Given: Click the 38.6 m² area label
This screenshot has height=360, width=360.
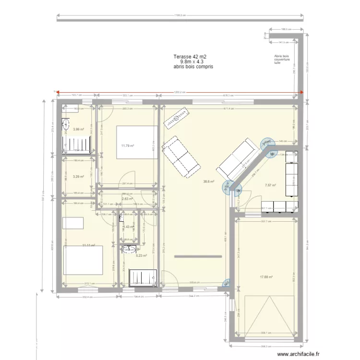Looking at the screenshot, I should point(209,181).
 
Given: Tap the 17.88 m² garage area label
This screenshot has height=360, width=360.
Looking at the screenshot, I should point(266,276).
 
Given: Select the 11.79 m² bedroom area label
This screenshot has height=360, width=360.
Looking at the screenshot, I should point(127,146).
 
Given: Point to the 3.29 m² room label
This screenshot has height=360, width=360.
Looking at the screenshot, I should point(78,177).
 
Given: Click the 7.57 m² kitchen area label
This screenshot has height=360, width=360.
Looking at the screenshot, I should point(270,185).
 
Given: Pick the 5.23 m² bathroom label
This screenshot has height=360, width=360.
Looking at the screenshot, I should point(142,256).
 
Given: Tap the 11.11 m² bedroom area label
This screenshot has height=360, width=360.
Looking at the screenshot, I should point(88,245).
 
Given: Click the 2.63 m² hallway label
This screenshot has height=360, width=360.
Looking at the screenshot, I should point(127,199).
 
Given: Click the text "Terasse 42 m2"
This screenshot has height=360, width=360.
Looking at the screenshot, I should point(190,57).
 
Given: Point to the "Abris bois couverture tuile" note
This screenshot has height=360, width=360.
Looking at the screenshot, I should point(282,59).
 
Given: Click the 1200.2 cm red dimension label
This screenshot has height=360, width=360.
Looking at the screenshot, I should point(177,93).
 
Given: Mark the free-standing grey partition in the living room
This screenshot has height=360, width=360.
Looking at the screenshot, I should point(198,257).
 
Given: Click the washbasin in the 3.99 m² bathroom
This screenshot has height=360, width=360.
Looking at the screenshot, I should point(66,123).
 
